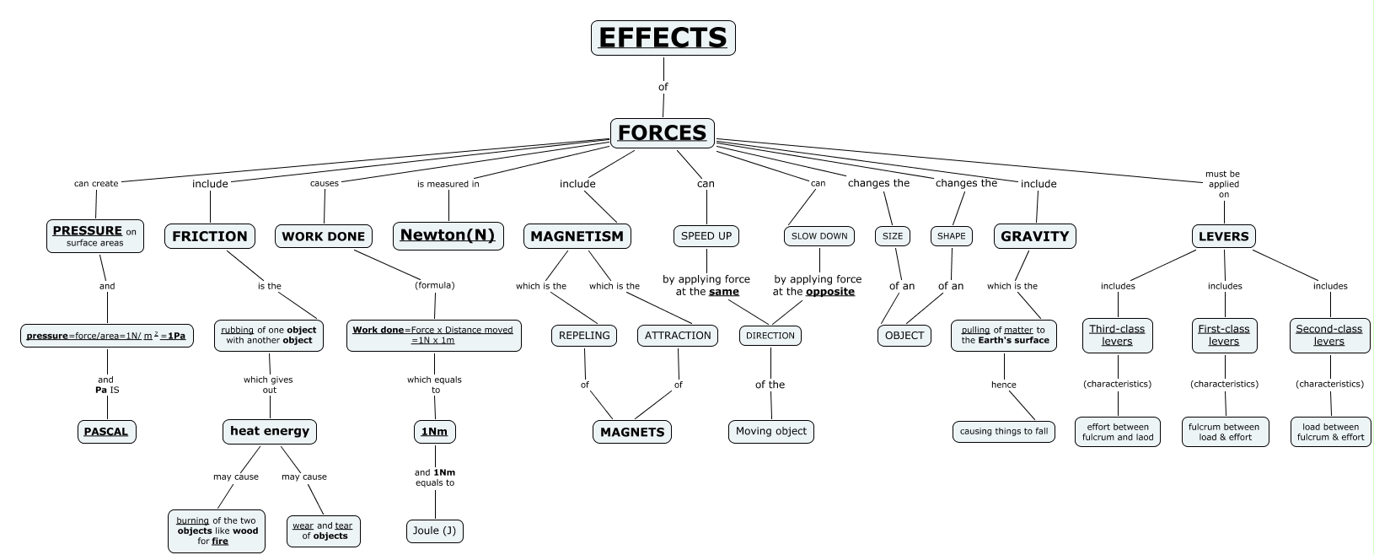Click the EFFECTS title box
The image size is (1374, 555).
663,38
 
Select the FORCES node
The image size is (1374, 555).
662,133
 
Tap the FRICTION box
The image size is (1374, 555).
210,236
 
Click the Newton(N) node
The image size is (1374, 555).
448,235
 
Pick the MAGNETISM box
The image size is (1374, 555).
577,236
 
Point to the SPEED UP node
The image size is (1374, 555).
706,236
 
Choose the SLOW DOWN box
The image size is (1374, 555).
818,236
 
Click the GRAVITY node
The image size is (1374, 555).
1034,236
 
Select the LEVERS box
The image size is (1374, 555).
1223,236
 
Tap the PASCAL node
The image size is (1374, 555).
106,432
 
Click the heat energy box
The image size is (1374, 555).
270,431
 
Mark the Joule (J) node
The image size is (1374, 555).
435,531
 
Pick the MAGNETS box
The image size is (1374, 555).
632,432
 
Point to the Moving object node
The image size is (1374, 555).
770,431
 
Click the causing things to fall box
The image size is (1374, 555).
1004,431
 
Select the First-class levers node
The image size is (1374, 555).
1224,335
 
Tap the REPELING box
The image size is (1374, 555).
584,336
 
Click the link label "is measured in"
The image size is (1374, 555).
448,184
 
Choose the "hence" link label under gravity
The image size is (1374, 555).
1004,385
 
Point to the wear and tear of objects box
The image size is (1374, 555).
323,531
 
